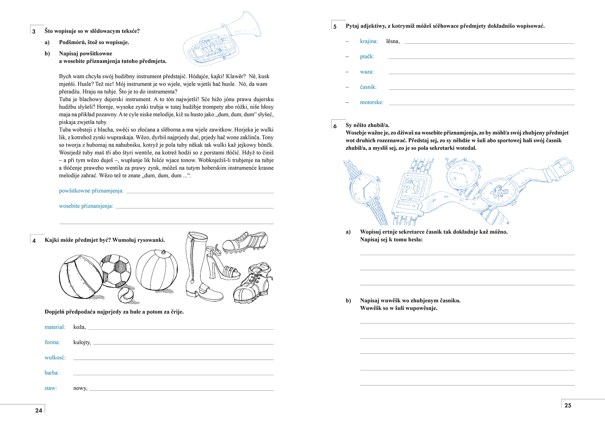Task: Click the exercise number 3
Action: pos(34,31)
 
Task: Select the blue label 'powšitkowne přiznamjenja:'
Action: pos(91,191)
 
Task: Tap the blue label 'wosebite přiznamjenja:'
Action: pos(86,206)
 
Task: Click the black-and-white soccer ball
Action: pos(116,270)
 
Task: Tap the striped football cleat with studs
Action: pos(245,242)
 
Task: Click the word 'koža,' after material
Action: pos(79,327)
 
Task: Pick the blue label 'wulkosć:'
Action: pos(55,358)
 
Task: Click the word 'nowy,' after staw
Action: pos(80,388)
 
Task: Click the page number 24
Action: pos(38,410)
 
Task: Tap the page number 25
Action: pos(568,405)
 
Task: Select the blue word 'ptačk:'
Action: pos(367,56)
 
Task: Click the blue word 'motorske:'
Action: pos(371,102)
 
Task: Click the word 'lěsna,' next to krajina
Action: pos(393,41)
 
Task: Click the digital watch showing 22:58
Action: pos(411,191)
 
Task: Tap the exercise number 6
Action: pos(335,126)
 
